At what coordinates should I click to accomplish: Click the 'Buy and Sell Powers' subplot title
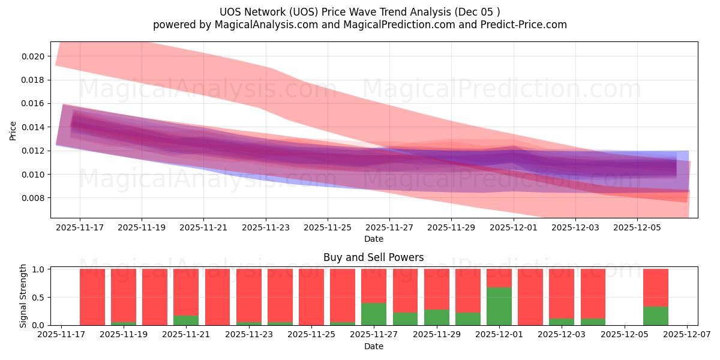coord(373,257)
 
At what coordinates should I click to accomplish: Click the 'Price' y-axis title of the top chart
coord(13,130)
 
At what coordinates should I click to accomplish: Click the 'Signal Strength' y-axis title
coord(23,296)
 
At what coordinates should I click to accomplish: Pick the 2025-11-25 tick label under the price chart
coord(328,227)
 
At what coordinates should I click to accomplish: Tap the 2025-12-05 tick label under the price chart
coord(637,227)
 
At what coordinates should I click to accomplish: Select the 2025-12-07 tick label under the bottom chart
coord(686,335)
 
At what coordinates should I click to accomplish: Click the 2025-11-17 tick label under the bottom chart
coord(61,335)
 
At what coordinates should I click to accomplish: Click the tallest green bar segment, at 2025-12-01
coord(499,306)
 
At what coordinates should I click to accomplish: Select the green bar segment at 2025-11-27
coord(374,314)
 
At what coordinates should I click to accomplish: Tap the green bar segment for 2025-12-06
coord(655,316)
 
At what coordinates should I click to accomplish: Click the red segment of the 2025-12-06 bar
coord(655,287)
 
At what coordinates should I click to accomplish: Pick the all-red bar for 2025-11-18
coord(92,297)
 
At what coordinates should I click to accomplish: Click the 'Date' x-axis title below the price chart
coord(373,239)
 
